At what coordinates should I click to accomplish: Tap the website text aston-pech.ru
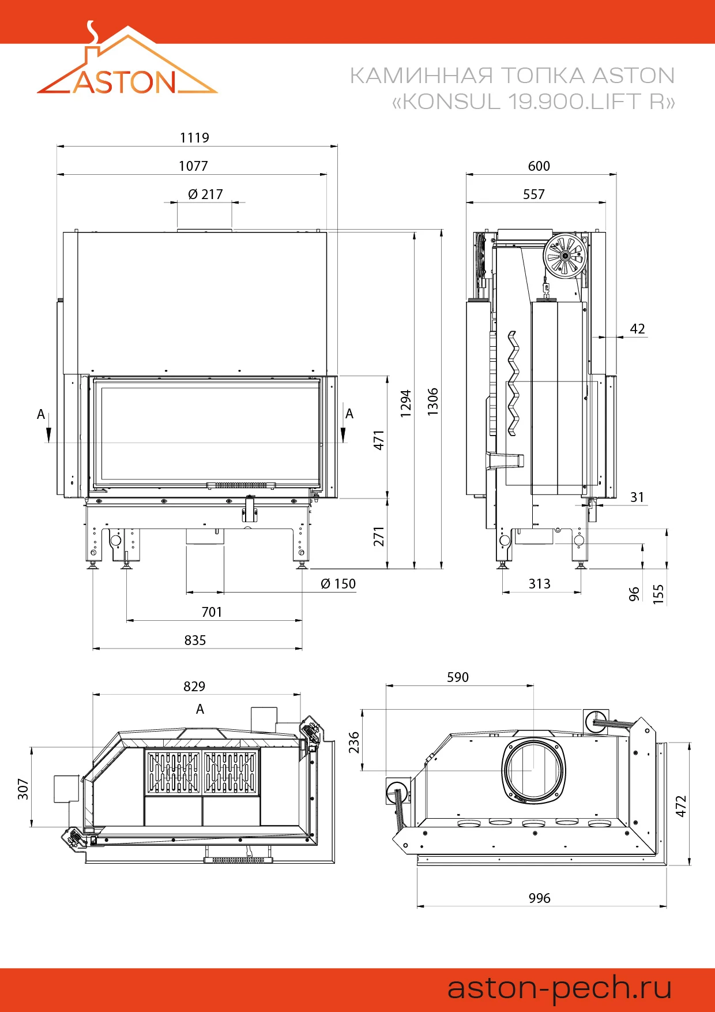tap(560, 987)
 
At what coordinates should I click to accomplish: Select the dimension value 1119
tap(194, 138)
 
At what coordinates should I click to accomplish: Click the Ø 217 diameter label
tap(205, 194)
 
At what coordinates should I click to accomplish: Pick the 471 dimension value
tap(379, 440)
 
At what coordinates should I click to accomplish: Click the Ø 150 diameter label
tap(338, 584)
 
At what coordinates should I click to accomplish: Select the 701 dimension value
tap(212, 612)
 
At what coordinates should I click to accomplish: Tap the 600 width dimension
tap(539, 166)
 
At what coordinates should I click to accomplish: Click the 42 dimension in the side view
tap(637, 329)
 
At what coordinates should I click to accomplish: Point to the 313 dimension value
tap(540, 584)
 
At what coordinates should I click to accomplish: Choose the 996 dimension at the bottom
tap(540, 898)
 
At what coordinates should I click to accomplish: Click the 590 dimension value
tap(458, 677)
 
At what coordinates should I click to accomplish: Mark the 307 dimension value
tap(23, 789)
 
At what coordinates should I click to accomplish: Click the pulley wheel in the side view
tap(565, 254)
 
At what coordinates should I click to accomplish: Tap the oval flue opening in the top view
tap(533, 770)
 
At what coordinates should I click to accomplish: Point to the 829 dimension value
tap(194, 687)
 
